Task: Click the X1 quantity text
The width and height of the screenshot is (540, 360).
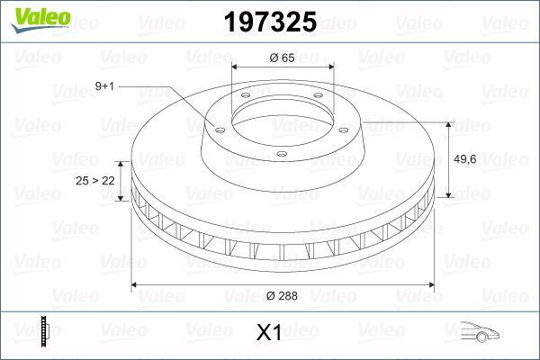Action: [270, 334]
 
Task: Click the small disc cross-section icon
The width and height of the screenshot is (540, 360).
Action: [43, 331]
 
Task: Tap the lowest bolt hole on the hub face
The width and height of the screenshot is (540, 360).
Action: [282, 154]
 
